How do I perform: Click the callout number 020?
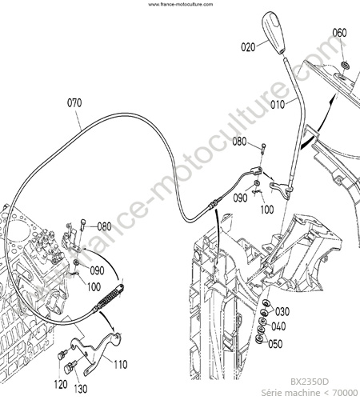(x=248, y=47)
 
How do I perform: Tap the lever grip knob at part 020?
(x=274, y=33)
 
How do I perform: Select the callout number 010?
(x=278, y=105)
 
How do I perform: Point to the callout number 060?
(x=339, y=33)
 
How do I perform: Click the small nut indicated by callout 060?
(x=346, y=65)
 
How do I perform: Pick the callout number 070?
(x=74, y=102)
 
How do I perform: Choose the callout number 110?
(x=121, y=364)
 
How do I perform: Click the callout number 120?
(x=61, y=384)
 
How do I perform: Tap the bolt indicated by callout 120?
(x=62, y=354)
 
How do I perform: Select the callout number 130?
(x=80, y=389)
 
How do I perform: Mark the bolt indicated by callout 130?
(x=70, y=368)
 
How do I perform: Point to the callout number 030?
(x=282, y=311)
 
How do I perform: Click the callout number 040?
(x=278, y=326)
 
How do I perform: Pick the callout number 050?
(x=275, y=344)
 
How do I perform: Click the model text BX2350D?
(x=310, y=382)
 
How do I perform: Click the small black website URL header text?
(x=180, y=4)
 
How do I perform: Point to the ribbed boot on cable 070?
(x=109, y=298)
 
